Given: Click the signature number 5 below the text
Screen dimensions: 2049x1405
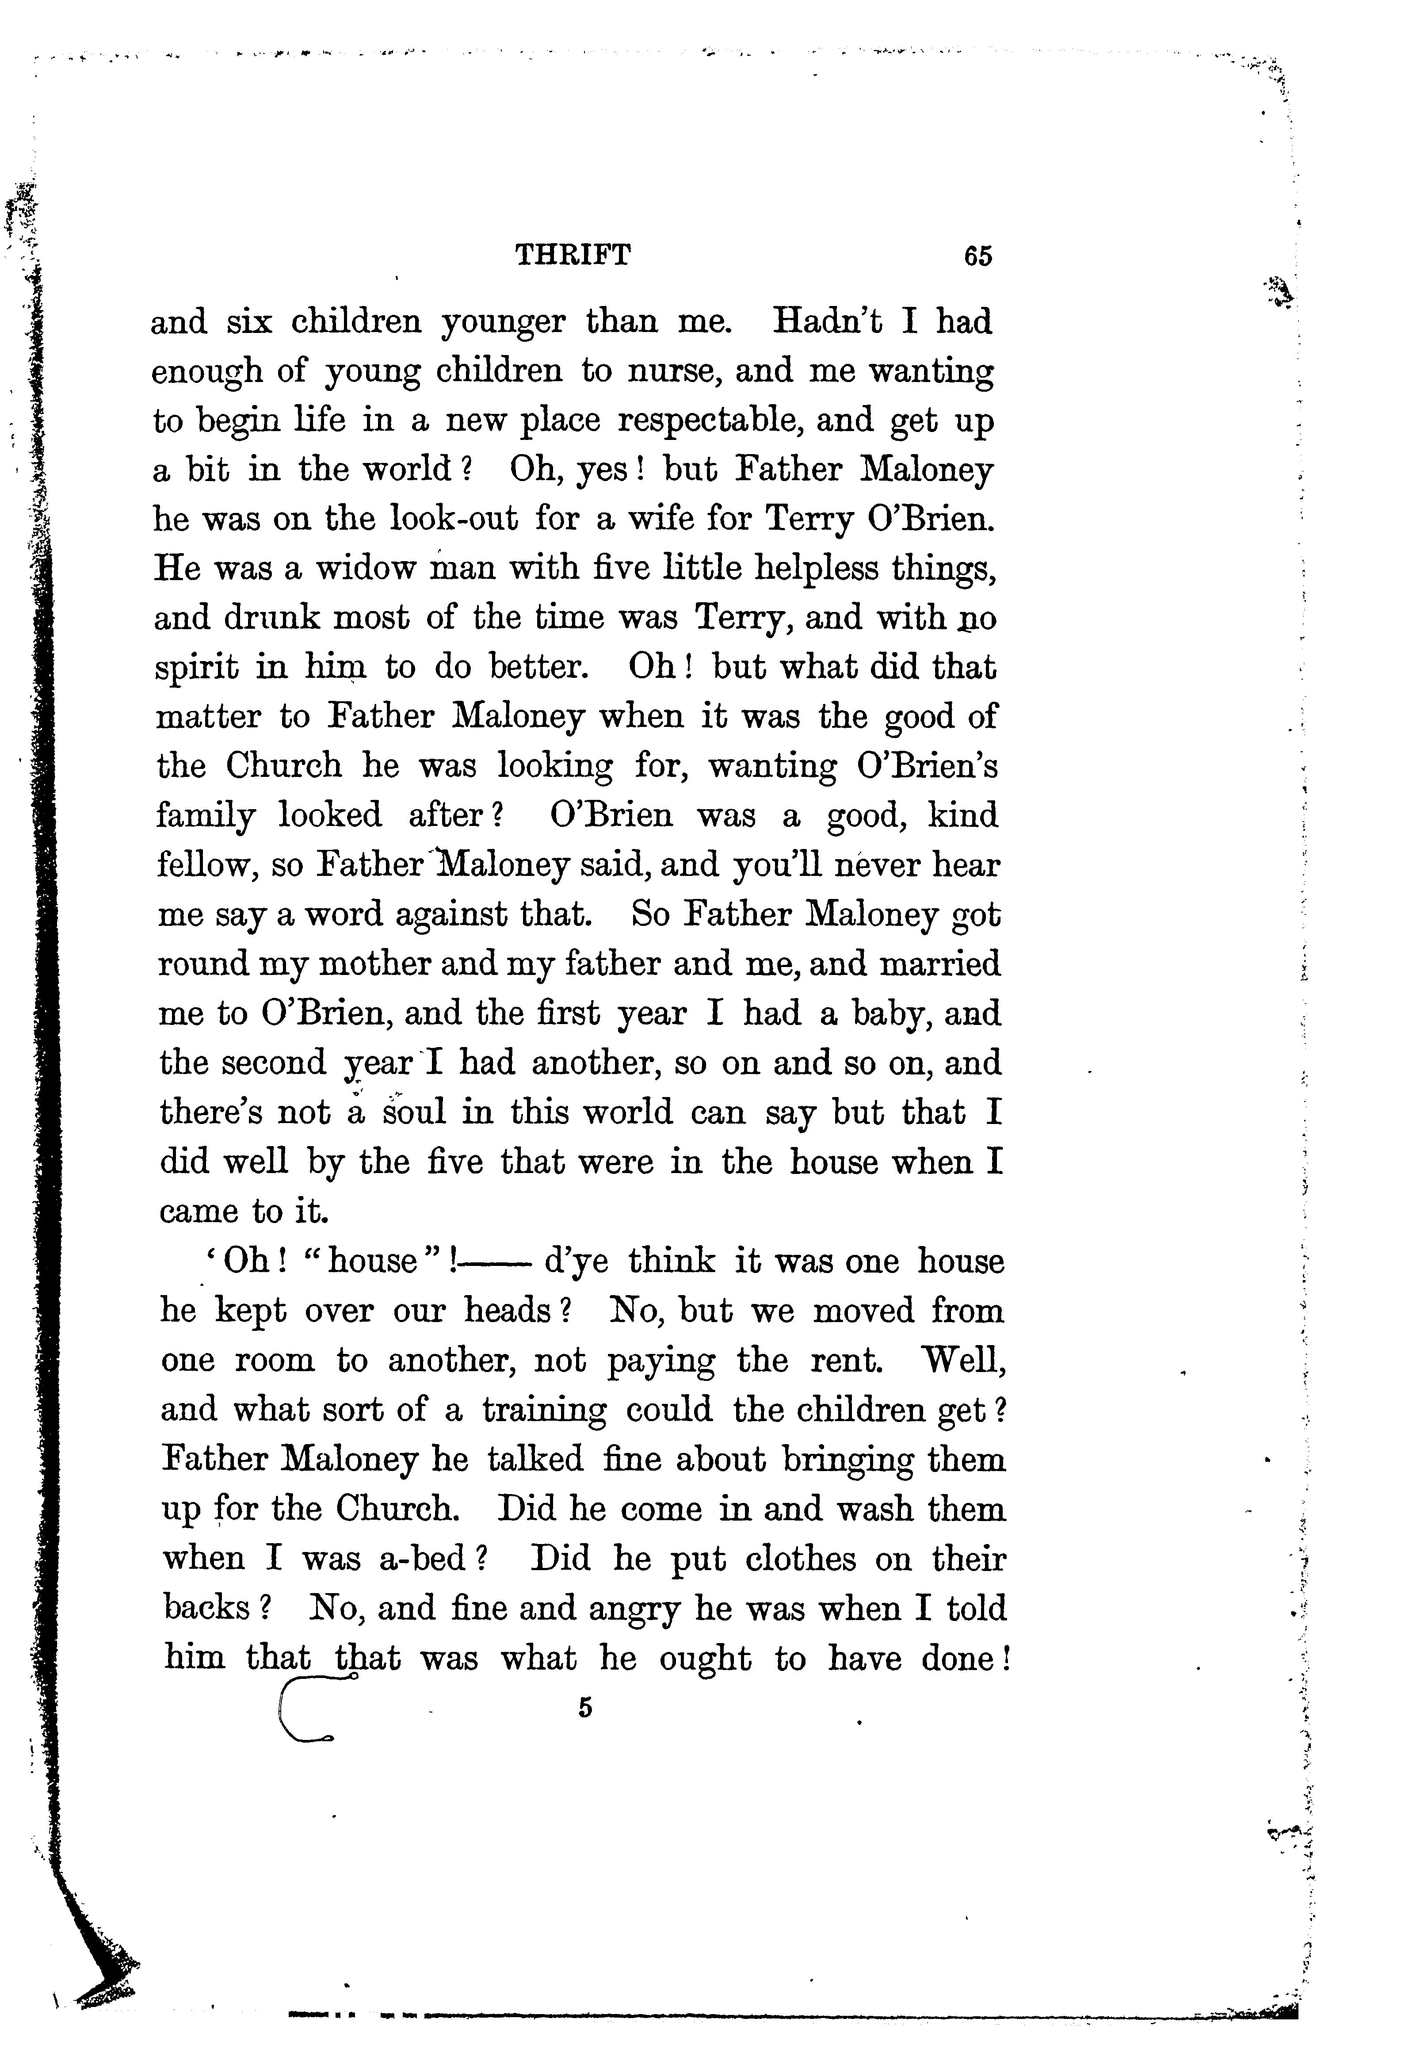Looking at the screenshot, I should click(585, 1708).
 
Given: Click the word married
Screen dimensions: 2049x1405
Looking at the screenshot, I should click(940, 963).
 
